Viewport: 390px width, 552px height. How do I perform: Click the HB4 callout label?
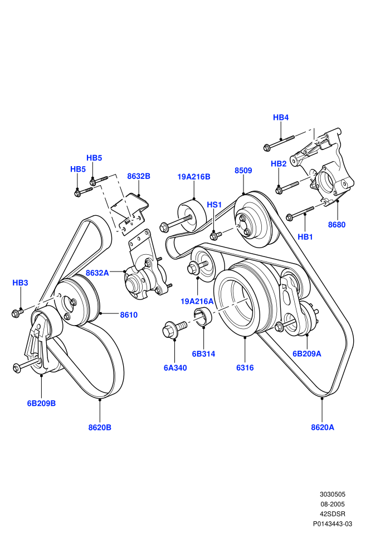(281, 118)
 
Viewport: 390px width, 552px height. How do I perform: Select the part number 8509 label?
(243, 171)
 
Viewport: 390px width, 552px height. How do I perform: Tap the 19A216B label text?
(194, 177)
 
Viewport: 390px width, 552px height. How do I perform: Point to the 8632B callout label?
(139, 176)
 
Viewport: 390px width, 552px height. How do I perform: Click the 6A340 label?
(175, 368)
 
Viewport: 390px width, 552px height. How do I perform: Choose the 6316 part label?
(245, 368)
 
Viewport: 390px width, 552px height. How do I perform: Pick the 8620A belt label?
(323, 427)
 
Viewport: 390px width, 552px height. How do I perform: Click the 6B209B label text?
(41, 404)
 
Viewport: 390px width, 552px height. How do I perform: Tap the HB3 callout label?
(20, 283)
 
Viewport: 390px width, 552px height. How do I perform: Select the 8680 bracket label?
(337, 225)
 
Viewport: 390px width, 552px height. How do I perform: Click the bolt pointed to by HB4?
(279, 142)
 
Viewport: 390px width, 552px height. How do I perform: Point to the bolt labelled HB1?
(300, 213)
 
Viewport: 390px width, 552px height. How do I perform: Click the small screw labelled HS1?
(216, 234)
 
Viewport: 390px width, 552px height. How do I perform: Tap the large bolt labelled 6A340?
(174, 328)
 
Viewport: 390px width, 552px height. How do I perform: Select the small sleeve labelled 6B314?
(202, 316)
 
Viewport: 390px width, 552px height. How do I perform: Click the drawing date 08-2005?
(332, 504)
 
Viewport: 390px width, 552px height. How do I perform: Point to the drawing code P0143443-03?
(332, 524)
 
